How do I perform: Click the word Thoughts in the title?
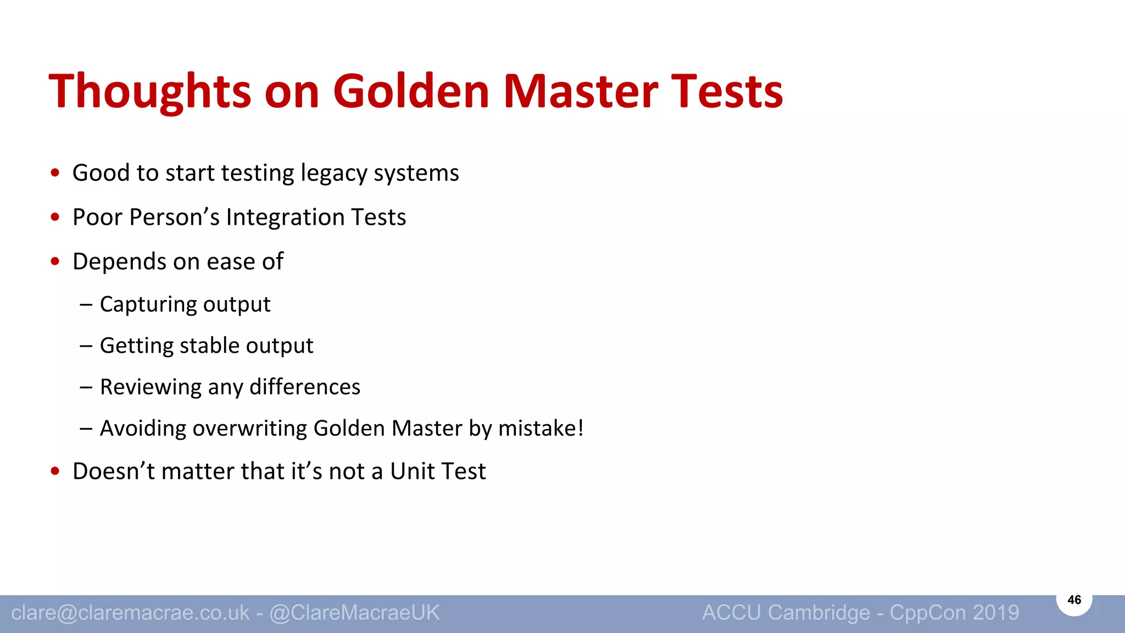pyautogui.click(x=149, y=91)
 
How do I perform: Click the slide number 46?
pyautogui.click(x=1074, y=600)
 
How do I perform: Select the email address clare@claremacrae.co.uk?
pyautogui.click(x=130, y=613)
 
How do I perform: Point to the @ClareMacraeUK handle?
pyautogui.click(x=354, y=613)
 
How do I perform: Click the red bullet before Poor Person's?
pyautogui.click(x=55, y=217)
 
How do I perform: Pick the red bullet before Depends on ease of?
pyautogui.click(x=55, y=261)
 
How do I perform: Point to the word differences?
pyautogui.click(x=305, y=387)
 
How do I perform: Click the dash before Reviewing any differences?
pyautogui.click(x=86, y=387)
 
